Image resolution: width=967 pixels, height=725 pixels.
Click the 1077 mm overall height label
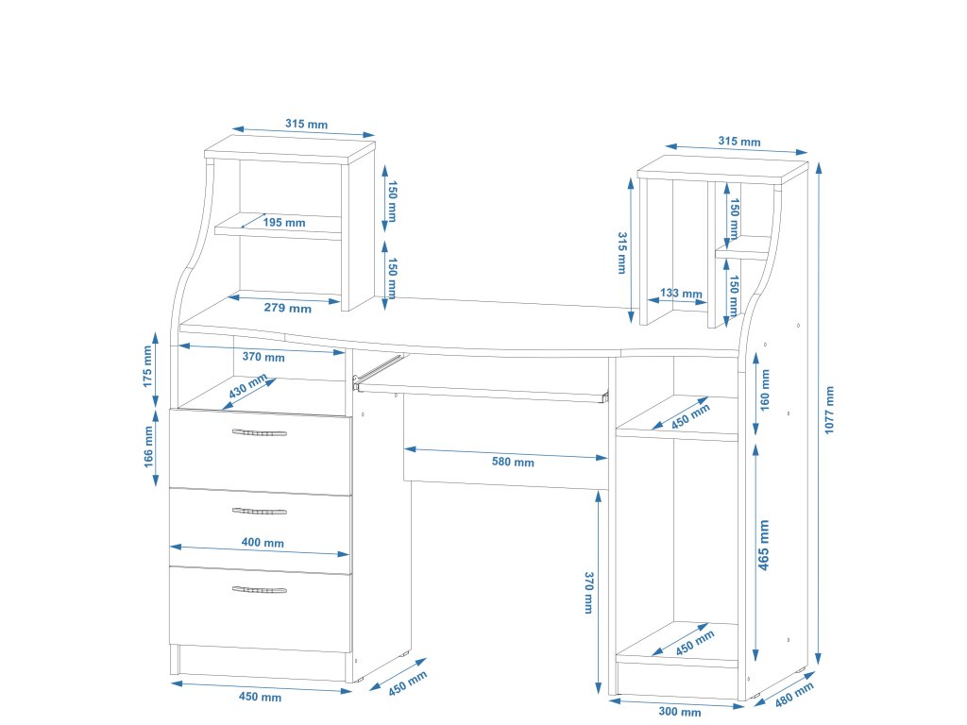point(830,410)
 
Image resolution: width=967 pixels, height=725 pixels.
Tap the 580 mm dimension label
point(513,463)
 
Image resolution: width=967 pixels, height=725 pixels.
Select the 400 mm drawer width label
point(263,543)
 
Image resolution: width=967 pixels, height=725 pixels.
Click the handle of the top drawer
point(259,433)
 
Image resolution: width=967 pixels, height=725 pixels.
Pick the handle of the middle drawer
point(259,512)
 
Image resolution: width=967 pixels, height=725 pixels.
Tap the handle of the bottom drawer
point(259,590)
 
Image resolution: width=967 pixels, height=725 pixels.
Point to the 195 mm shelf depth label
point(284,223)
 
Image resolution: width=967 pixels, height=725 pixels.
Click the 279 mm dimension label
point(288,308)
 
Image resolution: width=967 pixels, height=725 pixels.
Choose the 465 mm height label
point(764,546)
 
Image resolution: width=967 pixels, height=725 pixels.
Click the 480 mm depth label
point(794,695)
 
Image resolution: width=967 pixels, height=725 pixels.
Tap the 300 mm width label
point(679,712)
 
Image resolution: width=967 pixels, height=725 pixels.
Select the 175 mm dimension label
point(147,367)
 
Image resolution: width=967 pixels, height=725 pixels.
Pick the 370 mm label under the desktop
point(263,357)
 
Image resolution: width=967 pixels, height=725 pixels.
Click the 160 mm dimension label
point(765,390)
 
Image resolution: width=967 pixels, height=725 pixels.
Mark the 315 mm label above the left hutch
point(307,124)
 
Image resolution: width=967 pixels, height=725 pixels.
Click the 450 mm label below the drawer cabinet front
point(260,697)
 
